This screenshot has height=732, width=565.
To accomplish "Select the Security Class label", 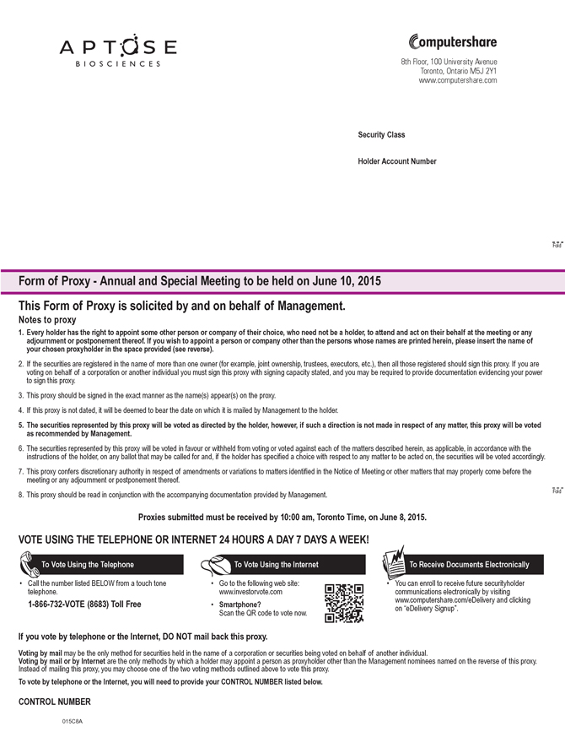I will [381, 135].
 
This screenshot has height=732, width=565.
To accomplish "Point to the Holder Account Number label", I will [397, 160].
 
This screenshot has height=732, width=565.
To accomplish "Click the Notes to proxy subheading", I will [47, 321].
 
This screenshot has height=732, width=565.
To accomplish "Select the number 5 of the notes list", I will [21, 426].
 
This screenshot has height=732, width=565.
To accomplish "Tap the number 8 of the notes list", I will [21, 494].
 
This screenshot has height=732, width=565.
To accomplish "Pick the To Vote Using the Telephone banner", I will [88, 564].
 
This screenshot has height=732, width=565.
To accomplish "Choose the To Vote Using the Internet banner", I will [276, 564].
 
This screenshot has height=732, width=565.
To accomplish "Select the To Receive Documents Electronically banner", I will [468, 564].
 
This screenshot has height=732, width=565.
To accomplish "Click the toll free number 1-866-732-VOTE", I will [84, 604].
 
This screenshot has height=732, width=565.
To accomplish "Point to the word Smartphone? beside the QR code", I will [239, 605].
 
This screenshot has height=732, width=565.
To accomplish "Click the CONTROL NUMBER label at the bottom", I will [54, 702].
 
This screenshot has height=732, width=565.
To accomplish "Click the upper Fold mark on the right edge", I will [556, 244].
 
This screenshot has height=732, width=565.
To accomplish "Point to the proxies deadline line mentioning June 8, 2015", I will [282, 517].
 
